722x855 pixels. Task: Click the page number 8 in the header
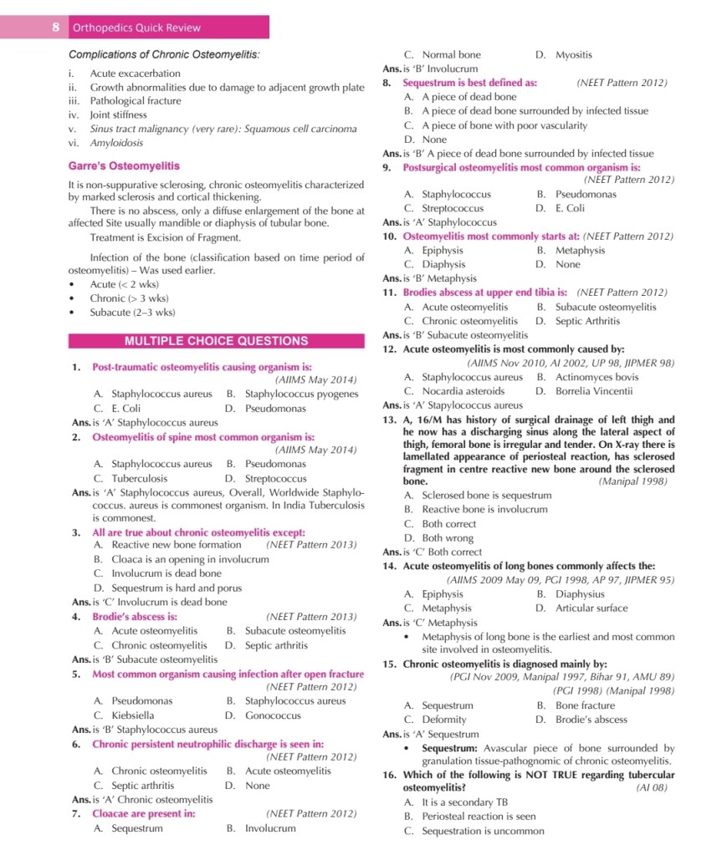pos(55,28)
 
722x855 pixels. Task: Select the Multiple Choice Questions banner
pos(216,341)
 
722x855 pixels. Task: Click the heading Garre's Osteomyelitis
pos(124,165)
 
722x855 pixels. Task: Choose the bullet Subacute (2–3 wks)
pos(132,313)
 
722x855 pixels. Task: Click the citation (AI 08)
pos(653,787)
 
